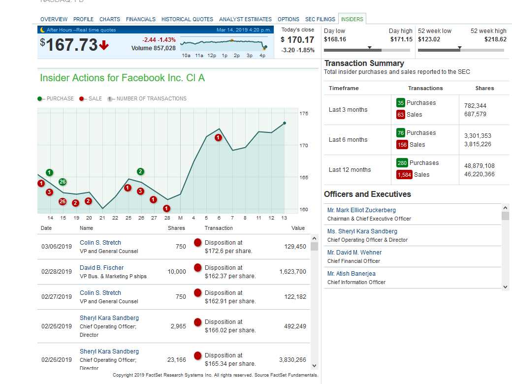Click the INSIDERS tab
[x=352, y=19]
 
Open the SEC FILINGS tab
[x=320, y=19]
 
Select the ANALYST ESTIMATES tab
[x=245, y=19]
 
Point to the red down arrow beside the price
[x=104, y=46]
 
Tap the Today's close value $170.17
[x=297, y=40]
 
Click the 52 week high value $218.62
[x=495, y=39]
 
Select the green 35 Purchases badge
[x=401, y=103]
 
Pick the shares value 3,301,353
[x=478, y=136]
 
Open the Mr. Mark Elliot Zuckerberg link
[x=361, y=210]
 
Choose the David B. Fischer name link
[x=102, y=268]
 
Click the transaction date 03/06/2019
[x=57, y=247]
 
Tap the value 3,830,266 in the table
[x=292, y=360]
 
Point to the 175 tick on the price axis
[x=304, y=114]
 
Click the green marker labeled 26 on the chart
[x=63, y=182]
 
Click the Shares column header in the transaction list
[x=176, y=228]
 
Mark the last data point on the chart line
[x=285, y=123]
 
